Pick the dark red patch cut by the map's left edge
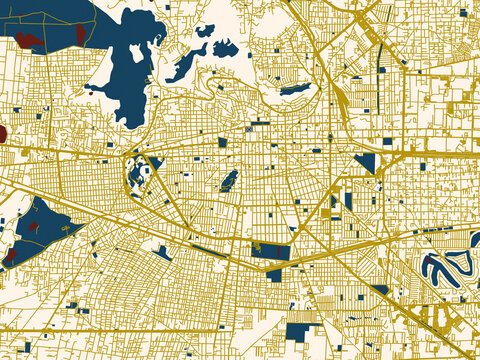(x=2, y=133)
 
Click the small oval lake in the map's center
(x=229, y=180)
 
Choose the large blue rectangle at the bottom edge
(x=299, y=331)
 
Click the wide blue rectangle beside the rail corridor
(x=270, y=249)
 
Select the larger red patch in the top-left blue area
(x=28, y=41)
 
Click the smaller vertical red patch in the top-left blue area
(x=80, y=34)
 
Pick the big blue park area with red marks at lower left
(x=38, y=227)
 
